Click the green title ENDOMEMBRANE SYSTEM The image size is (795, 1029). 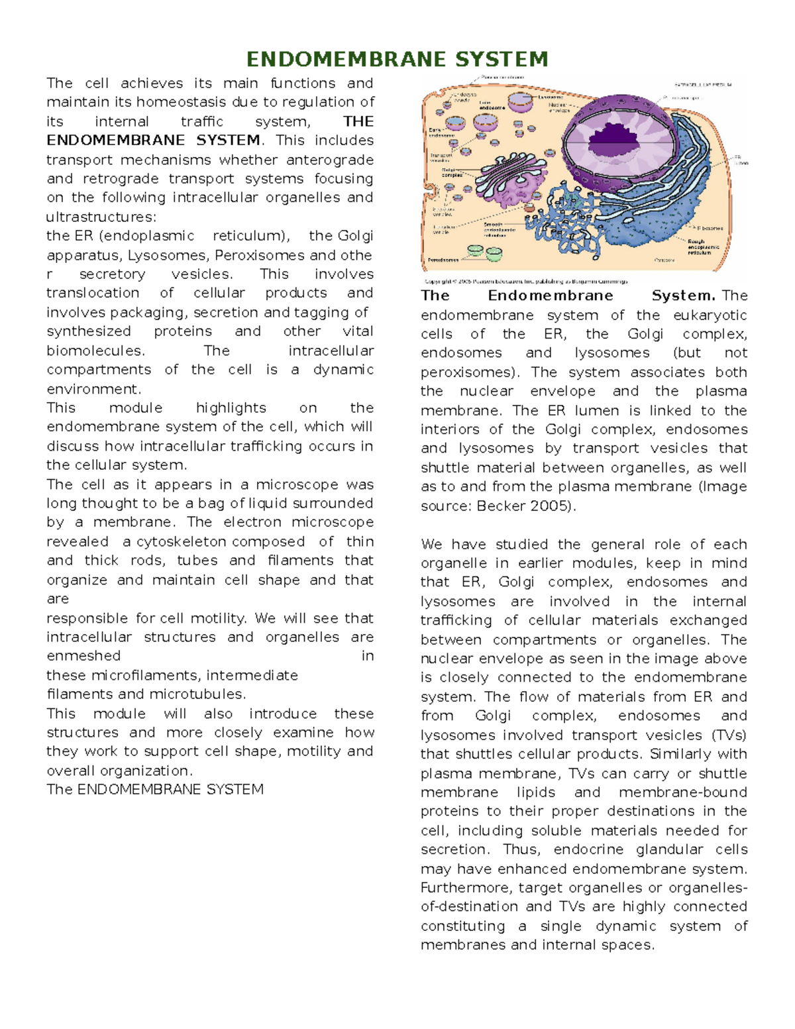click(397, 59)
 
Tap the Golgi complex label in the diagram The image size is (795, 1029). click(452, 172)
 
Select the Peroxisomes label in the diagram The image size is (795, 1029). click(443, 260)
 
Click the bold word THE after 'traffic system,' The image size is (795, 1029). click(358, 121)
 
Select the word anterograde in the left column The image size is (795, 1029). click(330, 160)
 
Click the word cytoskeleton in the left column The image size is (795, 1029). click(180, 541)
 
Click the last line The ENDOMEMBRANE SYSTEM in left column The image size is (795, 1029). click(155, 789)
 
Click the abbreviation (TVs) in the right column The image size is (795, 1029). click(729, 735)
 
